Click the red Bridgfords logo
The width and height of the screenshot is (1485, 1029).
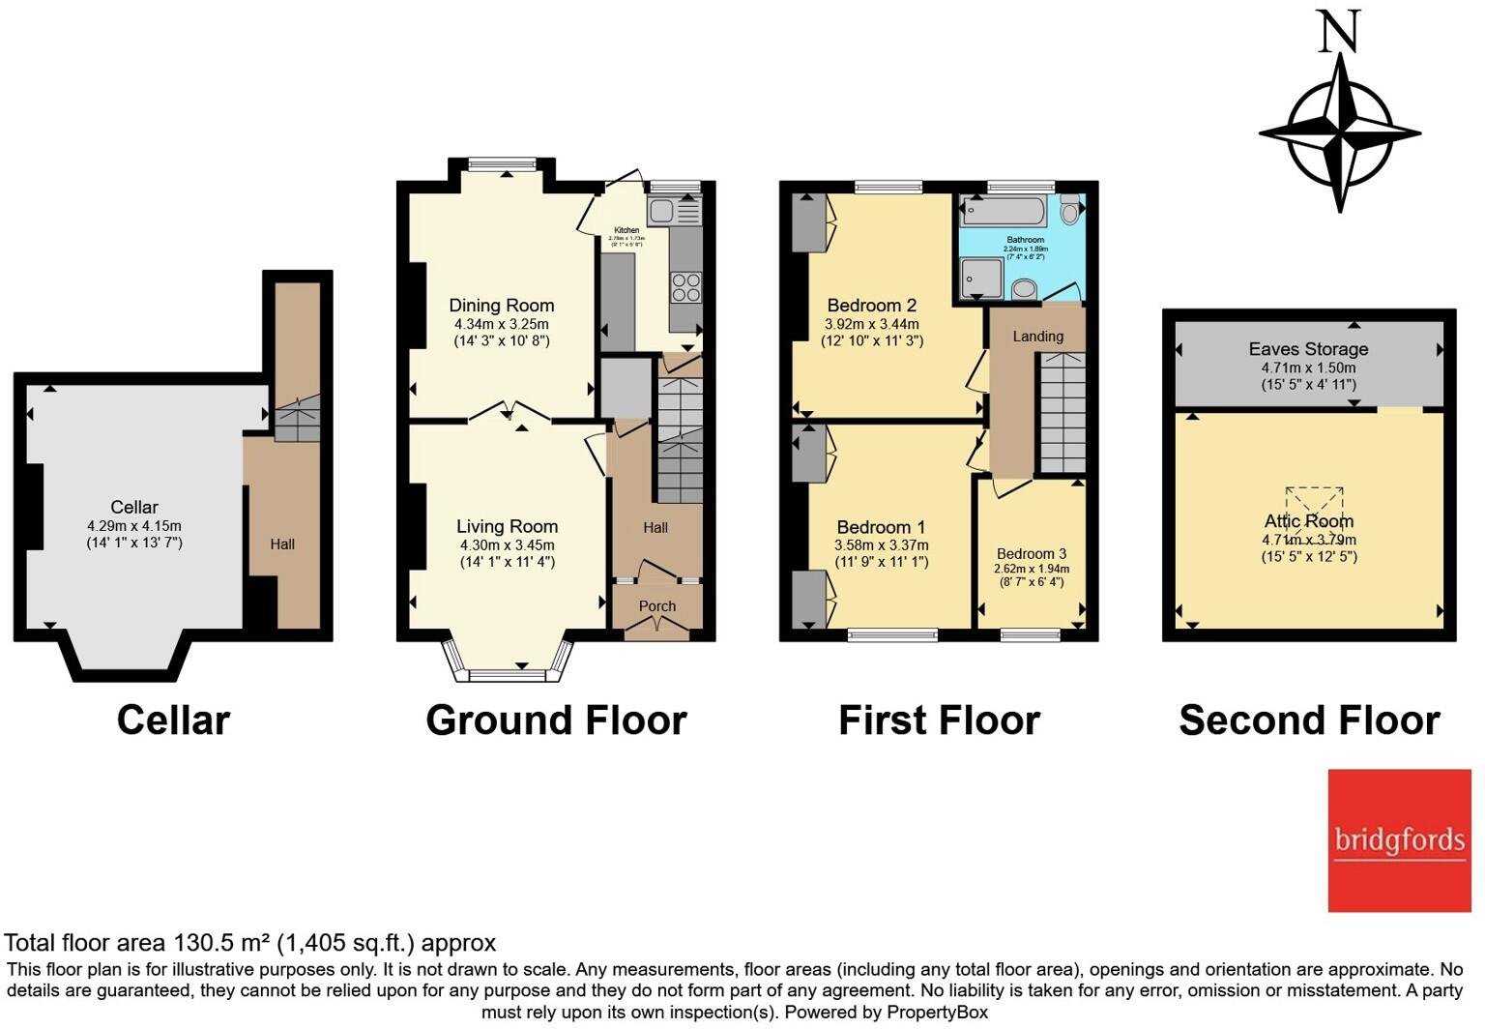click(x=1399, y=839)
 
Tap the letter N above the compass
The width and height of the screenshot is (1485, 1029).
click(x=1339, y=31)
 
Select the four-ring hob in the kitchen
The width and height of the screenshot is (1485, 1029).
click(x=686, y=287)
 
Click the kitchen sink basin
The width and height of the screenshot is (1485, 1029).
click(x=662, y=211)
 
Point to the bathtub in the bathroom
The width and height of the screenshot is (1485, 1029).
click(x=1004, y=210)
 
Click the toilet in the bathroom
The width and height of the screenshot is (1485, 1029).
click(x=1070, y=209)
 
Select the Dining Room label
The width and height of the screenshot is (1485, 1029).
click(x=501, y=306)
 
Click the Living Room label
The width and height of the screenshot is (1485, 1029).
click(x=507, y=527)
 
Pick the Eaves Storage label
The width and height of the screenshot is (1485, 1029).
click(x=1308, y=349)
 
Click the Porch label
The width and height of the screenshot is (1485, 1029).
click(x=657, y=606)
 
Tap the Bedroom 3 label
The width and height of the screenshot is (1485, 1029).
click(x=1032, y=554)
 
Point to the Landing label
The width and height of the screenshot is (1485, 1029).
click(x=1037, y=337)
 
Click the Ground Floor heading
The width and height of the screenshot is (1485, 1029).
click(x=556, y=720)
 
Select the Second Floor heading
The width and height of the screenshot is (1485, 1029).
click(x=1309, y=720)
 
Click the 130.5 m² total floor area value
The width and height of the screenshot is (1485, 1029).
click(x=221, y=943)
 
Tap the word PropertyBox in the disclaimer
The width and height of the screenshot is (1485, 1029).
click(x=937, y=1013)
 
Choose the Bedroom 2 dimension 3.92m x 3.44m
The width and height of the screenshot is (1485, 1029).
click(x=871, y=325)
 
